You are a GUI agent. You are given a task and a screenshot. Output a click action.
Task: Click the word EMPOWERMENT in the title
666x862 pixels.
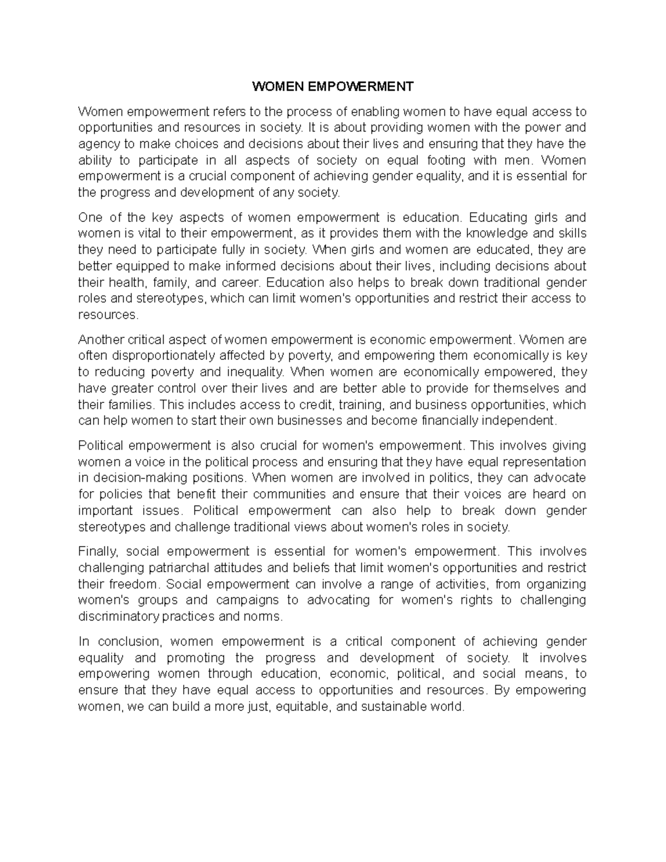pos(360,87)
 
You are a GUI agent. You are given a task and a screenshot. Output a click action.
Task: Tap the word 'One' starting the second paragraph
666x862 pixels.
pos(90,217)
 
